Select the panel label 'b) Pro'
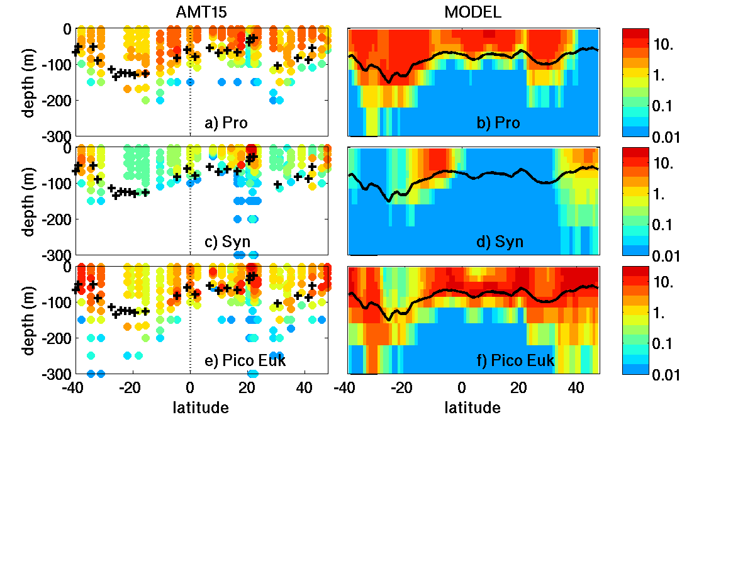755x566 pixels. point(498,123)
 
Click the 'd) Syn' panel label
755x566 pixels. point(500,241)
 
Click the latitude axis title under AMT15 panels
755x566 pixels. point(201,408)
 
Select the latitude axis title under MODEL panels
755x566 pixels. point(473,408)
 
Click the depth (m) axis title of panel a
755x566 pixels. point(29,82)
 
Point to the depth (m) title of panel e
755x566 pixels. point(29,319)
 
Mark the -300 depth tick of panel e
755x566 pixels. point(57,374)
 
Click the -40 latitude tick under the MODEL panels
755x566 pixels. point(344,387)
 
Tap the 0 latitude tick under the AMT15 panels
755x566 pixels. point(190,387)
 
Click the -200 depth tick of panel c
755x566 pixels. point(57,219)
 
